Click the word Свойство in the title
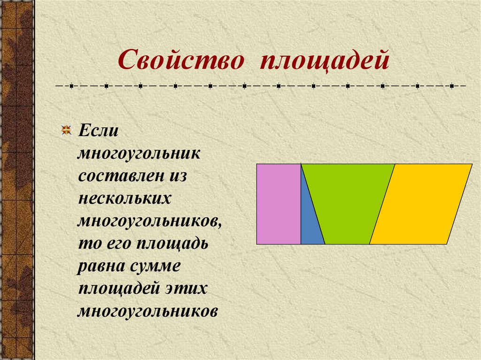[184, 61]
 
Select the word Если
[97, 130]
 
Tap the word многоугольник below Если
[140, 154]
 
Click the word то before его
[87, 244]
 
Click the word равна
[100, 266]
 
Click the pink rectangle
[279, 204]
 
